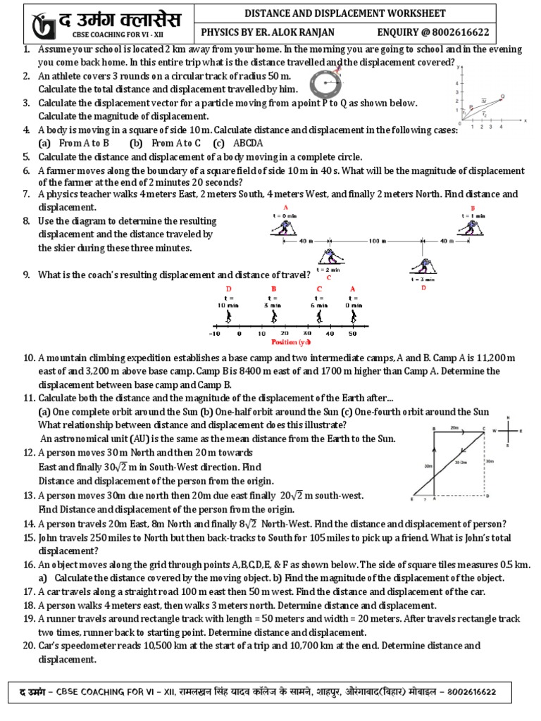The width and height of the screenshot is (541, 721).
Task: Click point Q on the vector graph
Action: [502, 96]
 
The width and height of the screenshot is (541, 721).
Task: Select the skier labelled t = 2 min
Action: [328, 257]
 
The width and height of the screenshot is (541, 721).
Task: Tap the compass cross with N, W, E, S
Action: [509, 431]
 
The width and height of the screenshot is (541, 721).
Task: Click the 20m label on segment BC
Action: [454, 427]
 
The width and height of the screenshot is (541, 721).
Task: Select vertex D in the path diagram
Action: [487, 496]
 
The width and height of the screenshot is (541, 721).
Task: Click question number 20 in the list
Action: [29, 645]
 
